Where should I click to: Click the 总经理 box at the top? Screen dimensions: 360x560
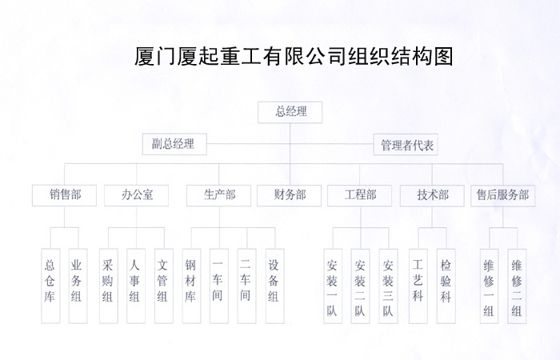click(x=290, y=112)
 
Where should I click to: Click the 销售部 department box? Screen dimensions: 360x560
click(x=64, y=195)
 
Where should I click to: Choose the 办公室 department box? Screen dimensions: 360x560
click(x=137, y=195)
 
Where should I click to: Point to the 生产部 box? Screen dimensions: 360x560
click(x=219, y=195)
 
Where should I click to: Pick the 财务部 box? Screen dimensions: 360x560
click(x=289, y=195)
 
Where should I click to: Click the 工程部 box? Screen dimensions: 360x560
click(x=360, y=195)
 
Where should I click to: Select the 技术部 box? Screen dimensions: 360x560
click(x=432, y=195)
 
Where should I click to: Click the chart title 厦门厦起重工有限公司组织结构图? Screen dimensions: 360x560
click(x=295, y=57)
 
